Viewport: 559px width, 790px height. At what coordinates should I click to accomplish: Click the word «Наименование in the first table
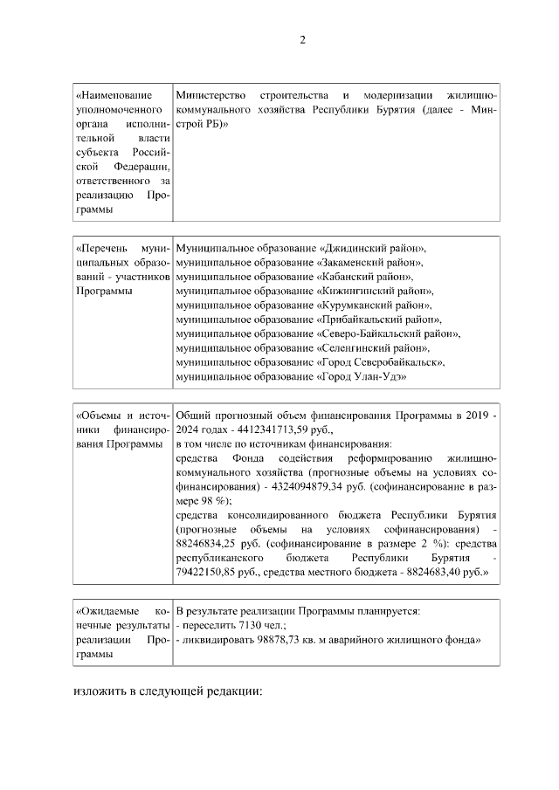(x=113, y=94)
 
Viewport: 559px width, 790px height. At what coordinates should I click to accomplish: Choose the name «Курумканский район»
(x=373, y=305)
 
